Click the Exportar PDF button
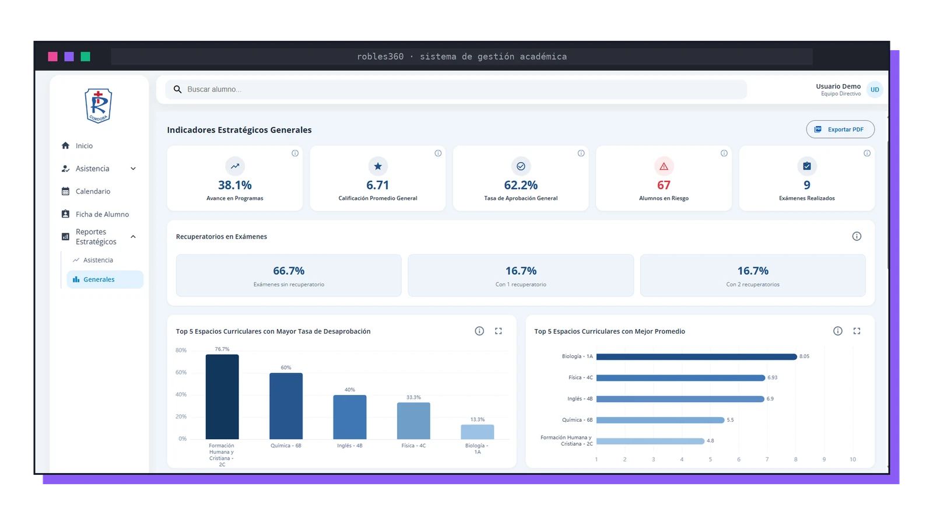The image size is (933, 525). (x=840, y=129)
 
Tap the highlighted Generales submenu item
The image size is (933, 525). (x=105, y=279)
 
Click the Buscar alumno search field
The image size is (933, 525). (x=456, y=89)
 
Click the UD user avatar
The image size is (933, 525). (x=875, y=90)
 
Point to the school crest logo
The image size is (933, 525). (x=99, y=106)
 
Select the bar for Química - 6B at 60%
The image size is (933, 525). (x=286, y=406)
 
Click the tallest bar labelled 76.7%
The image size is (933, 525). (x=222, y=397)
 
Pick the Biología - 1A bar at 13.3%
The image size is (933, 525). (x=478, y=432)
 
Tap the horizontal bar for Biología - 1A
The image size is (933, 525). (x=696, y=356)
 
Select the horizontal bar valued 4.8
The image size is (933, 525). (x=650, y=441)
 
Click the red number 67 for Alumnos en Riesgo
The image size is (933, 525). (x=664, y=185)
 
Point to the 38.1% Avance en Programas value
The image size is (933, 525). (x=235, y=185)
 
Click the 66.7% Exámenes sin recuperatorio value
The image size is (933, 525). (x=289, y=271)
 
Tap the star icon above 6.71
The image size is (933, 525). (x=378, y=166)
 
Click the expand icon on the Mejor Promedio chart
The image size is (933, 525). (x=857, y=331)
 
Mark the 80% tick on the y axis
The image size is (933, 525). (x=181, y=350)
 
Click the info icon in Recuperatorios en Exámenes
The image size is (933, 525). (x=857, y=236)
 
